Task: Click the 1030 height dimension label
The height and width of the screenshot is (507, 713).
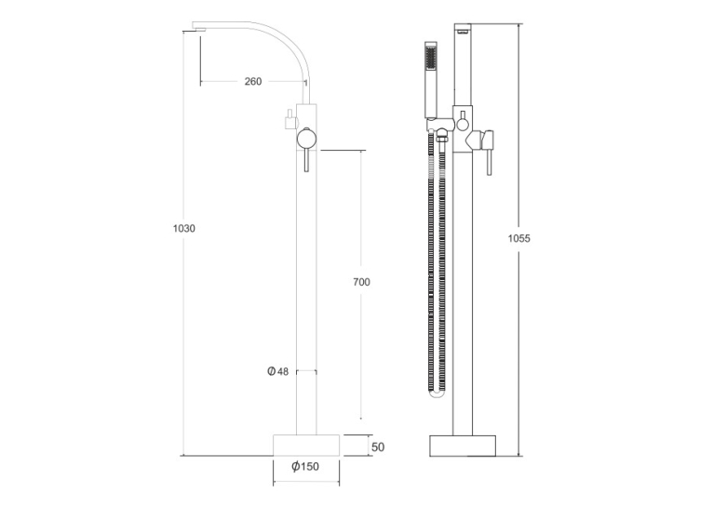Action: [x=183, y=228]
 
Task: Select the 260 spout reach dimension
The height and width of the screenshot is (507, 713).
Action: [x=253, y=81]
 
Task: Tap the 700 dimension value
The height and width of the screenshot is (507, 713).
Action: [x=361, y=282]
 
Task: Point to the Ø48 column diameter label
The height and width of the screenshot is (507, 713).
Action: [x=277, y=371]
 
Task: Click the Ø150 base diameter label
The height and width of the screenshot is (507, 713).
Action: [x=305, y=466]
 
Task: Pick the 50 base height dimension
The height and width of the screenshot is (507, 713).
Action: [x=378, y=447]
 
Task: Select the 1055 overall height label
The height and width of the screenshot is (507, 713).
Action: [x=518, y=238]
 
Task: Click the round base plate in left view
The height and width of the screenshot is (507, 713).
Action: [x=306, y=446]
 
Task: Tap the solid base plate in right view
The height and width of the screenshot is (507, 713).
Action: [x=463, y=447]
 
